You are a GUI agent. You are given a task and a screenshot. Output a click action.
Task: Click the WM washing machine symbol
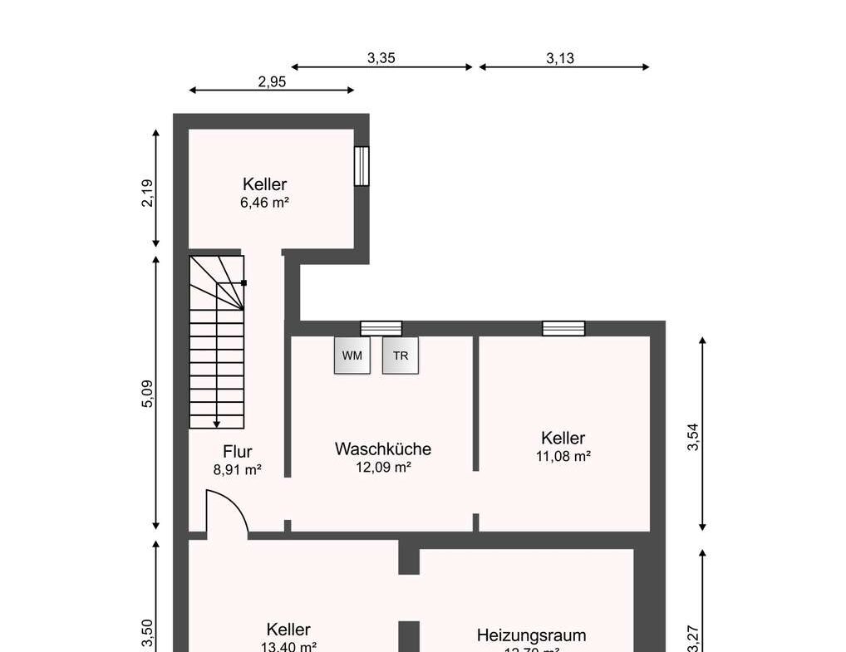[352, 355]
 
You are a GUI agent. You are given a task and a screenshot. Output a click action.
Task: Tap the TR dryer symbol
[401, 355]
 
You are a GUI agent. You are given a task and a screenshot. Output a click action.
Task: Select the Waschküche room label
[383, 449]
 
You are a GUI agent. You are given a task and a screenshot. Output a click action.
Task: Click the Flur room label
[238, 452]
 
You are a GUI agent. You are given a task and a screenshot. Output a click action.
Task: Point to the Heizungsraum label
[531, 635]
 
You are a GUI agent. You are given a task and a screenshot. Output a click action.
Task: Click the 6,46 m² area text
[264, 202]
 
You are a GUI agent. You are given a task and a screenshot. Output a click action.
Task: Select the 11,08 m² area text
[563, 456]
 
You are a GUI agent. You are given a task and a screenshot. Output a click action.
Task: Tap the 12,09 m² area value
[383, 467]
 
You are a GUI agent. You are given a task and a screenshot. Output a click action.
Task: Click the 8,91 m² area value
[238, 469]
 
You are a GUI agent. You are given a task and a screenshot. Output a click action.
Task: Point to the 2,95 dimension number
[272, 81]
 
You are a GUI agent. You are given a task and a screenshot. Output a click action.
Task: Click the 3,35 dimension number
[381, 58]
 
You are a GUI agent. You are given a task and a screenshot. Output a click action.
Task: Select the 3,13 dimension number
[560, 58]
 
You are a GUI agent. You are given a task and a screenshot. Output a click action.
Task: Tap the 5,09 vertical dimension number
[148, 393]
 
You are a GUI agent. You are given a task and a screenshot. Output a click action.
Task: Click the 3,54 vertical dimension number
[694, 437]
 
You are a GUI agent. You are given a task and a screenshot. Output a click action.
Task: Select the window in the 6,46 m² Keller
[362, 166]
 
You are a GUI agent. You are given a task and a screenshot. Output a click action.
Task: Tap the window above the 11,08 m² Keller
[563, 328]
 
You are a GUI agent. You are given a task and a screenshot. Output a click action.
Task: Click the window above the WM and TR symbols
[381, 328]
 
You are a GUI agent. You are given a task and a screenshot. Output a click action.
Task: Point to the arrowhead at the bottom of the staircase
[217, 424]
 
